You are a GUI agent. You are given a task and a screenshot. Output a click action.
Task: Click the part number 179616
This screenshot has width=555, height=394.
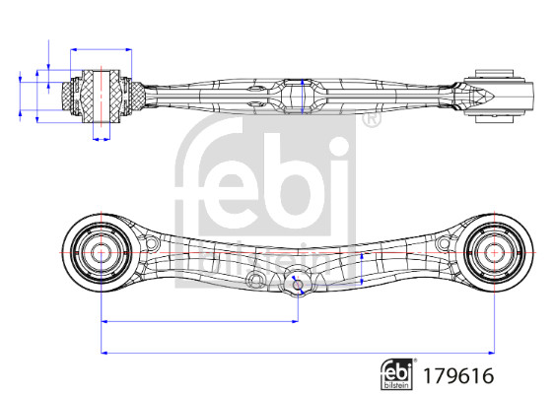click(x=458, y=375)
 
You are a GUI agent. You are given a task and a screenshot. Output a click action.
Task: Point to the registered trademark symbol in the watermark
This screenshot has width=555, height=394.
click(x=372, y=119)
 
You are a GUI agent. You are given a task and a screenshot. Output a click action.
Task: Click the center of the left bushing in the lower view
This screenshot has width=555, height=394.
click(x=102, y=252)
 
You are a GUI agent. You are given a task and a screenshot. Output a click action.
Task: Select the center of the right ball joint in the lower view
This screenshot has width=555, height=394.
click(x=494, y=252)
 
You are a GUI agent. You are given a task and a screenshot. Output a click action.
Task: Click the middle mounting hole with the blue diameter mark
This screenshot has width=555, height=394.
click(x=298, y=284)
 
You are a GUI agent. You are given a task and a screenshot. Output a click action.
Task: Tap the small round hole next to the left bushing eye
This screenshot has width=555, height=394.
click(x=151, y=243)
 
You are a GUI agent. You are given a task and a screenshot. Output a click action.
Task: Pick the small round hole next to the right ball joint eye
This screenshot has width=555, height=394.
click(x=444, y=243)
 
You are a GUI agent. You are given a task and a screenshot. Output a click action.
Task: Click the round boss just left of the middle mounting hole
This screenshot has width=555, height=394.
click(x=255, y=280)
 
